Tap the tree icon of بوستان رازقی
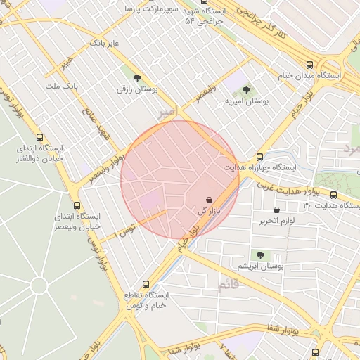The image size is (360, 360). [136, 77]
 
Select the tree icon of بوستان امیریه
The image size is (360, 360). [245, 89]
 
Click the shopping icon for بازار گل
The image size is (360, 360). [210, 200]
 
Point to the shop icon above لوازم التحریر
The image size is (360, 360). [276, 210]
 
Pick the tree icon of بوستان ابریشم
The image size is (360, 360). [260, 255]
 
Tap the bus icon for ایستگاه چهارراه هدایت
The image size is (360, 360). [259, 157]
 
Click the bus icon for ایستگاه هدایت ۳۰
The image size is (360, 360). [333, 195]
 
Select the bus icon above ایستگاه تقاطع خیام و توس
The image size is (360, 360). [146, 284]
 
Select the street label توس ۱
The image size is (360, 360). [127, 227]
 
